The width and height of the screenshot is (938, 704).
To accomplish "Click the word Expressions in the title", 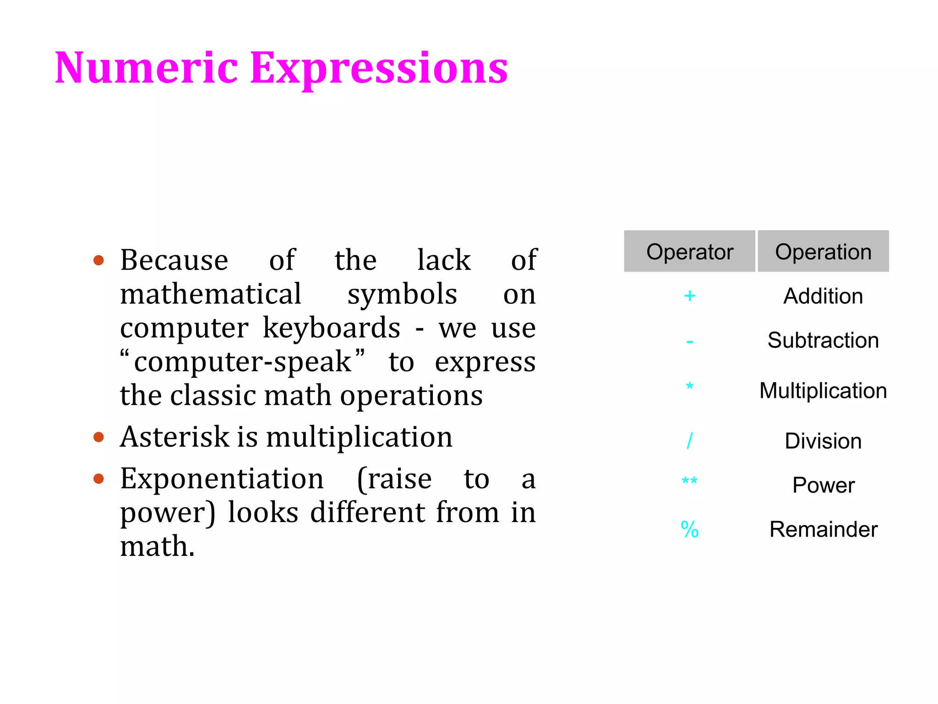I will pos(379,69).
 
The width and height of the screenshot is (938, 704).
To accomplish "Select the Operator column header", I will pos(689,252).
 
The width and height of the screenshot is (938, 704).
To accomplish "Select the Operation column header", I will pos(823,252).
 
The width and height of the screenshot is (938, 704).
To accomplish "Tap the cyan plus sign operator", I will pos(689,296).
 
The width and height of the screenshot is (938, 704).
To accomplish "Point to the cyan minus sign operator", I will pos(690,342).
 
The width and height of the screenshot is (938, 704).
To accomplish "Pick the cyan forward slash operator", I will pos(689,441).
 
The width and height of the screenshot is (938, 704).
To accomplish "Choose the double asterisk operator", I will pos(689,481).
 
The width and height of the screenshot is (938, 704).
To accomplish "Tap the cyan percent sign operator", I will pos(689,529).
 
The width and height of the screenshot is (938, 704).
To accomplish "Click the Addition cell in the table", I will pos(823,296).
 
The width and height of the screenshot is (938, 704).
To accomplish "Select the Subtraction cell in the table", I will pos(823,341).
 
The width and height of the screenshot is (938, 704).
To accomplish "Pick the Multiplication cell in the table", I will pos(823,390).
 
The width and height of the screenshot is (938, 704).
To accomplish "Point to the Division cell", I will pos(823,441).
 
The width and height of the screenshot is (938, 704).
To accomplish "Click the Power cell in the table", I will pos(823,485).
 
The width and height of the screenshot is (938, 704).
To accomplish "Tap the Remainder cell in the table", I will pos(823,529).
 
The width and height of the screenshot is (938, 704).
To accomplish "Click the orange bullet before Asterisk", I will pos(98,437).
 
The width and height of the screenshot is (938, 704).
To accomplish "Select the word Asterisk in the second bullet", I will pos(175,437).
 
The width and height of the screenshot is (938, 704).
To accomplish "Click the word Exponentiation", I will pos(222,479).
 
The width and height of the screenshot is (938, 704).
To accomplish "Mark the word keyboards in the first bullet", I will pos(331,328).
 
